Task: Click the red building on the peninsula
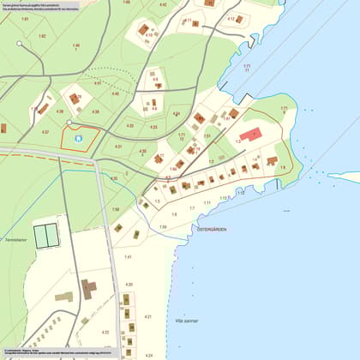coord(250,135)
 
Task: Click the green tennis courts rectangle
coord(46,233)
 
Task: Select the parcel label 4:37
coord(45,131)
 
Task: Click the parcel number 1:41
coord(128,256)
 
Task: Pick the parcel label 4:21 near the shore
coord(147,316)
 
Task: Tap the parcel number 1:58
coord(115,209)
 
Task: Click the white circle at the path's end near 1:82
coord(19,43)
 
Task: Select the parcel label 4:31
coord(118,147)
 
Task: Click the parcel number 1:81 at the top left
coord(25,18)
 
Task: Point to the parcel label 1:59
coord(163,226)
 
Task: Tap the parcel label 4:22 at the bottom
coord(105,332)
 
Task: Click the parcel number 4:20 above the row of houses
coord(129,284)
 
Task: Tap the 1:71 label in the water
coord(247,67)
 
